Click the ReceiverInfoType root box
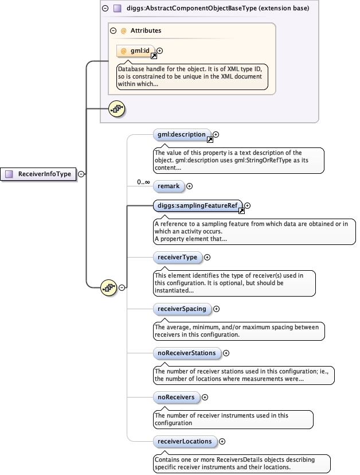40,174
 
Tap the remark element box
169,186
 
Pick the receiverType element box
177,258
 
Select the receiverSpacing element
182,309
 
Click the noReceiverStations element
186,353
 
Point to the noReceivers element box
176,397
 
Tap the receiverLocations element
185,441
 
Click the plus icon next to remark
190,186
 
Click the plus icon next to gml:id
159,51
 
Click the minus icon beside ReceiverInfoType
81,174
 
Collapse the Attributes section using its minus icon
114,30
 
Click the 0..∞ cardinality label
143,182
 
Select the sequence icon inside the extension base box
117,108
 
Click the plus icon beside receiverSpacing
217,309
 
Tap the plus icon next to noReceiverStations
226,353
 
